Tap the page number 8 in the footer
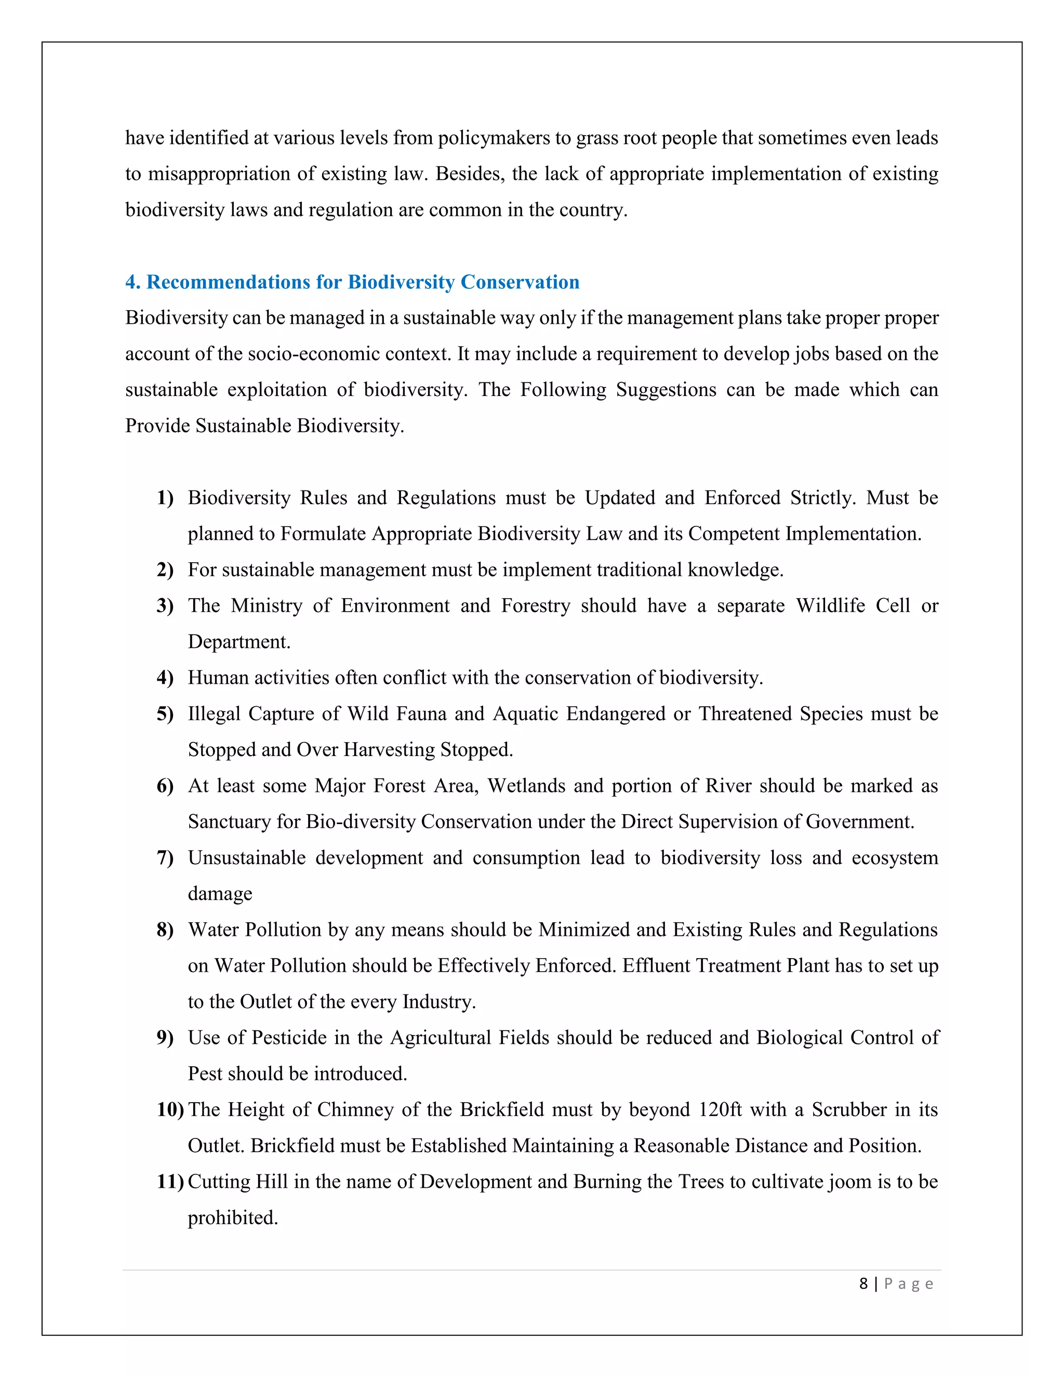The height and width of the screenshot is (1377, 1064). tap(863, 1283)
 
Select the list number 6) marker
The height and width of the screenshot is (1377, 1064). tap(165, 786)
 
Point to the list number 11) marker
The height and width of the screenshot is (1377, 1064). tap(169, 1182)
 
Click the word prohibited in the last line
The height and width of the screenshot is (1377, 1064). tap(233, 1218)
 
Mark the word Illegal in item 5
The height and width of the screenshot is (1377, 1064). tap(214, 714)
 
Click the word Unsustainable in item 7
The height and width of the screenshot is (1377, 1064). tap(246, 857)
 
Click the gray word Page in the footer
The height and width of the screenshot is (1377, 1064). tap(908, 1283)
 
